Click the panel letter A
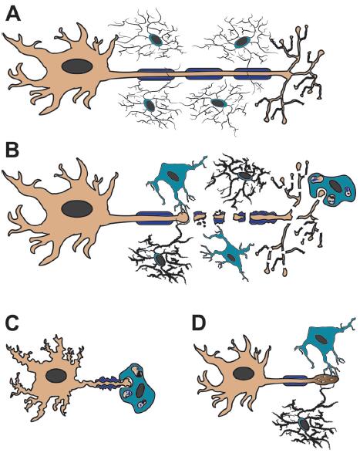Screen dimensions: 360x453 (13, 14)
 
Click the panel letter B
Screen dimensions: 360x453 (12, 150)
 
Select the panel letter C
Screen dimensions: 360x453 (12, 323)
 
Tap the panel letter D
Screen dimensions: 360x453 (199, 323)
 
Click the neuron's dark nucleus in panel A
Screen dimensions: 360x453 (77, 66)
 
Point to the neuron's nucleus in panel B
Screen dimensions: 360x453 (77, 208)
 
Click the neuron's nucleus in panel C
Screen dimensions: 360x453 (56, 377)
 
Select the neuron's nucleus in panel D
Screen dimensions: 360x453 (244, 374)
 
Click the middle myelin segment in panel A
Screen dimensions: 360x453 (204, 74)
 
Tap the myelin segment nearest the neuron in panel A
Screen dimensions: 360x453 (154, 74)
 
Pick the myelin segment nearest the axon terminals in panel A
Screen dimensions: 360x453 (252, 74)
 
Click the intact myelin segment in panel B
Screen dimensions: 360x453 (154, 218)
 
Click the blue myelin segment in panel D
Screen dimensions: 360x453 (295, 380)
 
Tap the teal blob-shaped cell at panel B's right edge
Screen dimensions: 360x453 (331, 188)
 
